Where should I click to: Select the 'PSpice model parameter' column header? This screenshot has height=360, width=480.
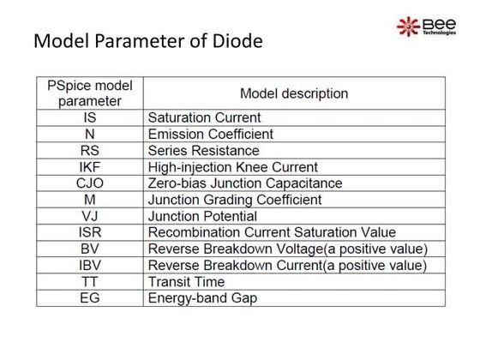[89, 93]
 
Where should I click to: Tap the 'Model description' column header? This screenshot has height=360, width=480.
[293, 93]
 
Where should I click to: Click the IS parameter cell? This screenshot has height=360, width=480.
[89, 117]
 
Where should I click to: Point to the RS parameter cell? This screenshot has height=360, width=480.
[89, 150]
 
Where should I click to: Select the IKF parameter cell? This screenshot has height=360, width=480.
[89, 166]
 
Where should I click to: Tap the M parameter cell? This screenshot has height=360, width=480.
[89, 199]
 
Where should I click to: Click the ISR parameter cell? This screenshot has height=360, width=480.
[89, 232]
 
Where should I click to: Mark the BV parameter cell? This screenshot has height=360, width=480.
[89, 249]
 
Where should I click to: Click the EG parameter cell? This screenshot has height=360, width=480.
[89, 297]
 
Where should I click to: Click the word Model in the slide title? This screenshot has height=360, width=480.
[58, 42]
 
